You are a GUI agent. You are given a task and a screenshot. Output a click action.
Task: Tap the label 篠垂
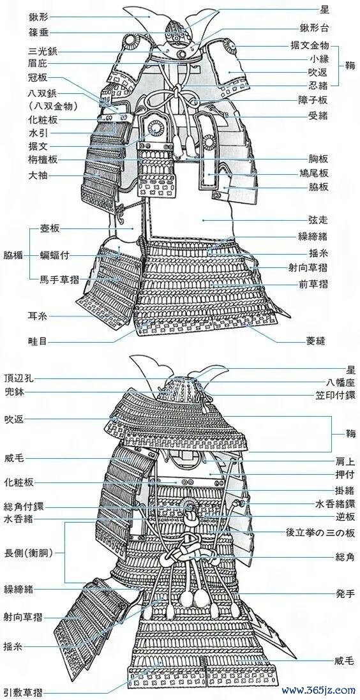click(x=39, y=33)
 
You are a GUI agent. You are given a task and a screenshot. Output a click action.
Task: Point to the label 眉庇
click(x=39, y=63)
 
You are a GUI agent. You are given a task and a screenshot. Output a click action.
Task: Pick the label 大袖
click(x=39, y=176)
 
